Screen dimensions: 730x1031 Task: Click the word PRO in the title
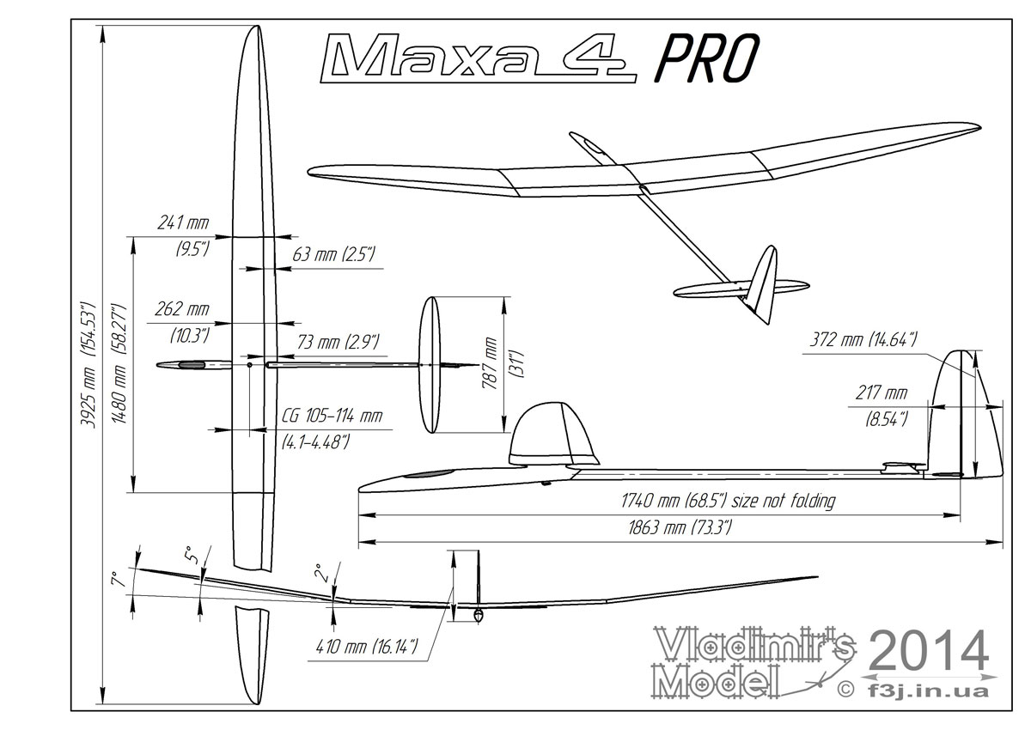tap(706, 59)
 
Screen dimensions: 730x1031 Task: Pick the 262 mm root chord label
tap(182, 309)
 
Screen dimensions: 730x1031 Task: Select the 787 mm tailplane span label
tap(491, 363)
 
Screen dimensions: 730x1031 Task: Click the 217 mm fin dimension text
tap(882, 394)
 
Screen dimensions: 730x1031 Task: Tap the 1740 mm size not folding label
tap(727, 501)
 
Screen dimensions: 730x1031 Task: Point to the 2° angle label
tap(317, 572)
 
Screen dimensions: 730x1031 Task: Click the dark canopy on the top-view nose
tap(192, 365)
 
